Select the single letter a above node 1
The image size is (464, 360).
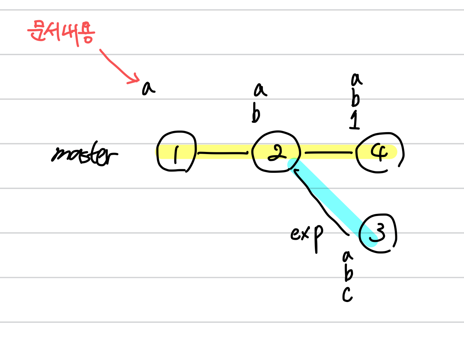[148, 88]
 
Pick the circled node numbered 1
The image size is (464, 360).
[177, 152]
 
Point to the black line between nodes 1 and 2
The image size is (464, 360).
[223, 153]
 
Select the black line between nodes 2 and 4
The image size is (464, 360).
[328, 153]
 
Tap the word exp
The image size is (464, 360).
[307, 235]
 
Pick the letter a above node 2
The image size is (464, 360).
[260, 90]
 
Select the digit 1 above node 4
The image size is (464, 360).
[355, 121]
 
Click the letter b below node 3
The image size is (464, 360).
[348, 274]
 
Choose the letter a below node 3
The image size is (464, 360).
[348, 256]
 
